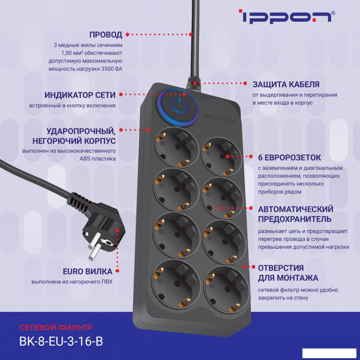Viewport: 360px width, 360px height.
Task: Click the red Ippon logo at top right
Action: coord(287,16)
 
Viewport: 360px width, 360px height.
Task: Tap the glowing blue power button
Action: coord(179,107)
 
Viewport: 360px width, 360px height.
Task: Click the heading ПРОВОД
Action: coord(105,35)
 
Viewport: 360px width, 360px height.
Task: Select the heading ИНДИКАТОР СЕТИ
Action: coord(80,95)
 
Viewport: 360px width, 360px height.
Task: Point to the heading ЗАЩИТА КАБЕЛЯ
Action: coord(286,84)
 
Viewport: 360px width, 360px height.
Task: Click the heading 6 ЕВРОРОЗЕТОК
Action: coord(289,158)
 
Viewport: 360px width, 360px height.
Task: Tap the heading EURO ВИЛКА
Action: coord(87,271)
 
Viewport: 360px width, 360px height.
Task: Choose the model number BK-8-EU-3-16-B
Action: coord(61,341)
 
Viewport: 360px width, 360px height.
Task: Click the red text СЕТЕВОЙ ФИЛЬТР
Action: coord(55,327)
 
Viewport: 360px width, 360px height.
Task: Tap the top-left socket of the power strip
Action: coord(176,147)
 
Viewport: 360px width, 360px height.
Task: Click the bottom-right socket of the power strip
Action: coord(226,289)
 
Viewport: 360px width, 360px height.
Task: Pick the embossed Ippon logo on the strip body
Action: coord(219,118)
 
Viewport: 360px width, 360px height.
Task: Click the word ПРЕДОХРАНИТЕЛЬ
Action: coord(294,219)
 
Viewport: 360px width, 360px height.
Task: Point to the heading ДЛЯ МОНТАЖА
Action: coord(288,278)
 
